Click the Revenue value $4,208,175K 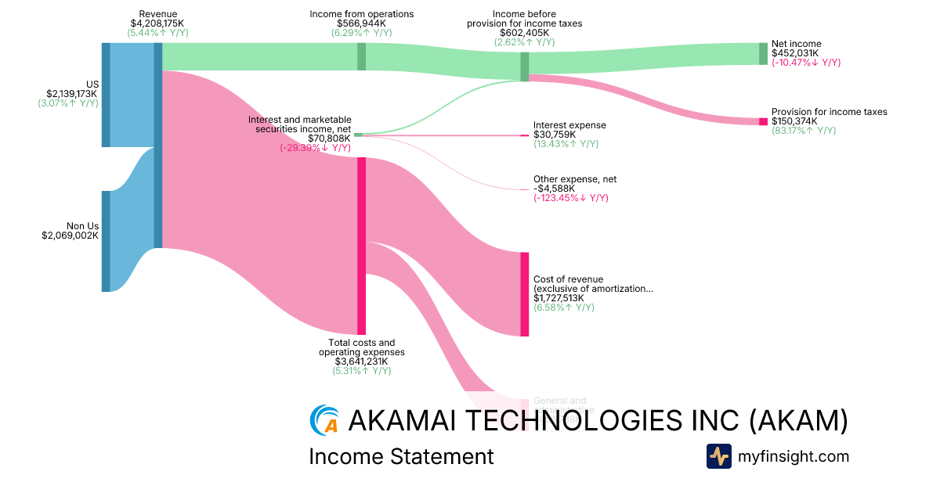click(157, 23)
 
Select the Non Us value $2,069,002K click(70, 235)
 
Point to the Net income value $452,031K click(795, 53)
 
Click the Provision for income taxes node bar click(763, 121)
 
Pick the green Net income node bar click(763, 53)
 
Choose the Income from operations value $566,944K click(361, 23)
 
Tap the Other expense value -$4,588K click(554, 189)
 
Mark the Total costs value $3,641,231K click(361, 362)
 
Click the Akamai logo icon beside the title click(324, 419)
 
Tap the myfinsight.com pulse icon click(718, 456)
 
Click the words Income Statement click(401, 456)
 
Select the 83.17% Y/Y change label click(804, 131)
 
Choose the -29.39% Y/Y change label click(315, 148)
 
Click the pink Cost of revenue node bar click(524, 294)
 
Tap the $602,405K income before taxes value click(524, 33)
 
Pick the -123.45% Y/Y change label click(571, 198)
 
